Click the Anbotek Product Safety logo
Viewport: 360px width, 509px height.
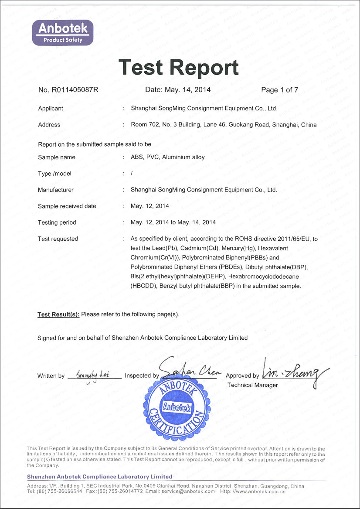click(63, 33)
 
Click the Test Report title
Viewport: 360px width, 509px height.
click(179, 67)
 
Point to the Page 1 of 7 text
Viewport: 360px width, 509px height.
click(279, 90)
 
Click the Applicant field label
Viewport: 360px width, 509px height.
click(51, 109)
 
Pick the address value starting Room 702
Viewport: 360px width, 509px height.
click(224, 125)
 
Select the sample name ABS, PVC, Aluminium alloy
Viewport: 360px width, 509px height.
click(167, 157)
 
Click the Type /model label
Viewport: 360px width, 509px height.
click(54, 174)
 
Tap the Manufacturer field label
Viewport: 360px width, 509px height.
click(56, 190)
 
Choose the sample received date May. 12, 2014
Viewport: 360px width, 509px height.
click(149, 206)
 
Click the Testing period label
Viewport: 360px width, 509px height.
click(57, 223)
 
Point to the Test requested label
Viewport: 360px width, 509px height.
click(58, 239)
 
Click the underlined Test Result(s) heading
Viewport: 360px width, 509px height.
click(58, 314)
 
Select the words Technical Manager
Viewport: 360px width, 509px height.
click(252, 385)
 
